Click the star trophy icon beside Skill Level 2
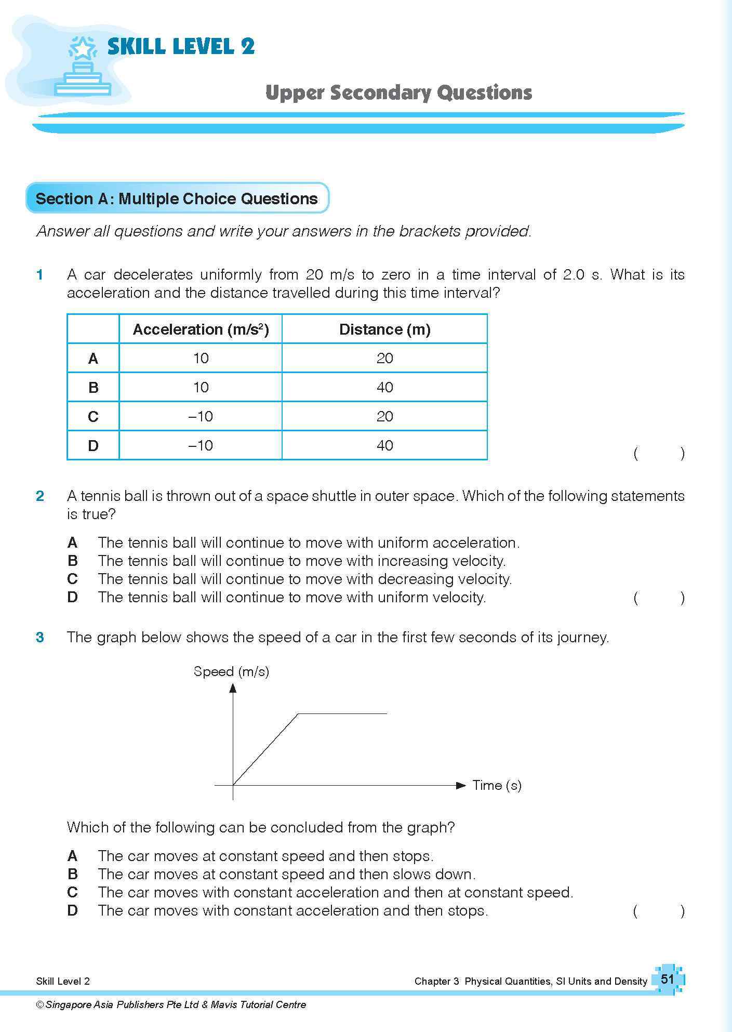83,66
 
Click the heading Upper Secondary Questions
398,93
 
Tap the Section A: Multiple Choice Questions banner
177,199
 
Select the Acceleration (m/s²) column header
201,329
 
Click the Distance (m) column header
384,329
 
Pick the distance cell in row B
384,387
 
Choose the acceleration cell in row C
201,416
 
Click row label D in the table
93,446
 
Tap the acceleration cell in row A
201,359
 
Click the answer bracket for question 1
659,454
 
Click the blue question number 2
40,496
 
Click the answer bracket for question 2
659,598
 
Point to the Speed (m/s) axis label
231,671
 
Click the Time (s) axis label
497,785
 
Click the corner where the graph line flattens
298,714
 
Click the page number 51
667,980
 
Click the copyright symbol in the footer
40,1005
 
